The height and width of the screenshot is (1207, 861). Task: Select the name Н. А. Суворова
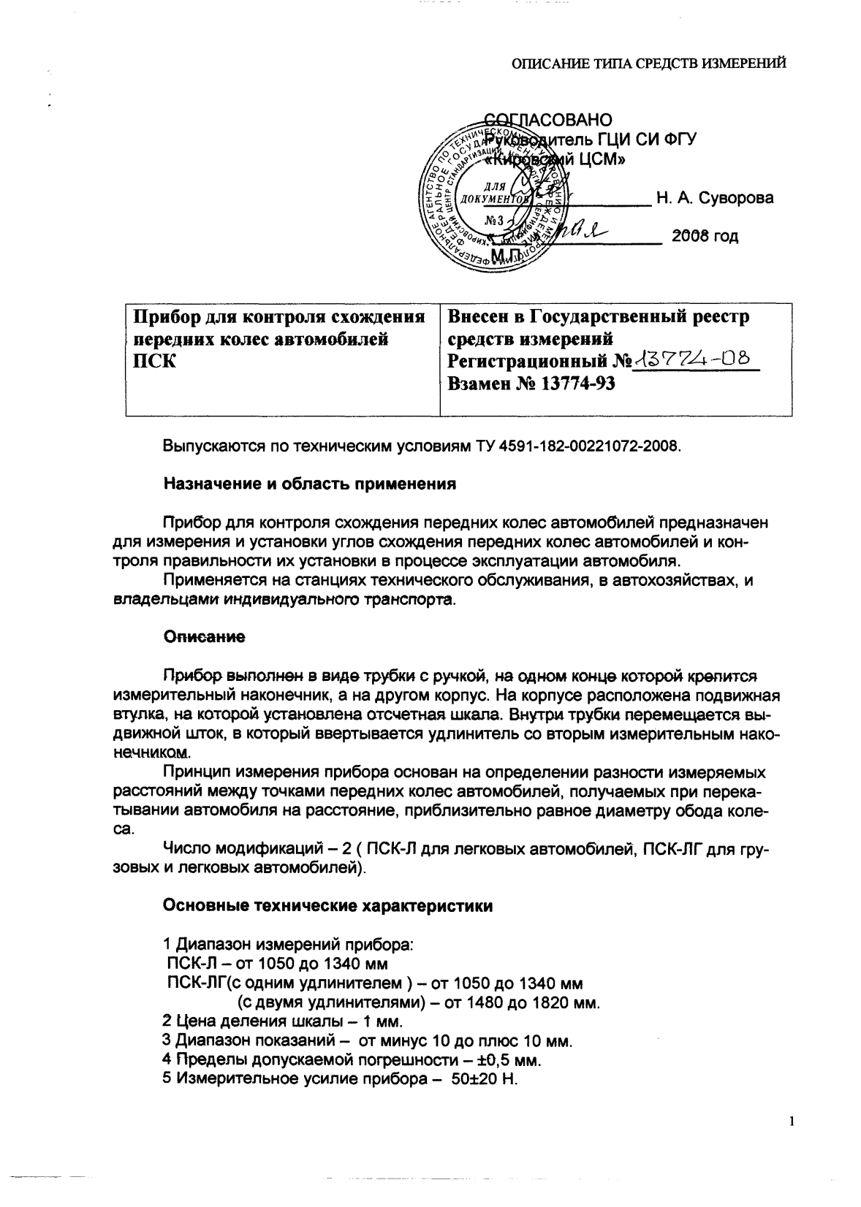[714, 197]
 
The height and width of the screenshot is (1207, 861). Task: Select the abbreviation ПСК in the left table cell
[152, 361]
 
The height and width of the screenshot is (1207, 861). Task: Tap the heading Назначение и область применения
[310, 484]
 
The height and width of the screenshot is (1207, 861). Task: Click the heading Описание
[204, 637]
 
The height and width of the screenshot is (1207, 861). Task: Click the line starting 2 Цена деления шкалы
[282, 1021]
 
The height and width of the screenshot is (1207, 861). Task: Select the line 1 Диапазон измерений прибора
[287, 944]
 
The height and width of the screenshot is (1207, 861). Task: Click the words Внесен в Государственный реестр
[598, 317]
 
